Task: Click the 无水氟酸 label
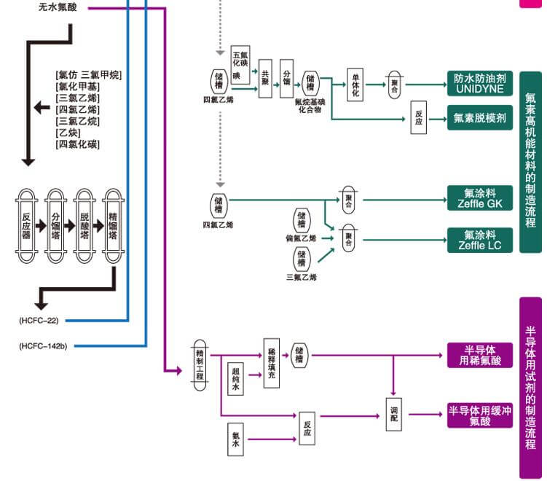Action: click(63, 8)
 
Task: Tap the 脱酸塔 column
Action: click(84, 221)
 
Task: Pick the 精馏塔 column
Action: click(114, 221)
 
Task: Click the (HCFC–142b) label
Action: click(43, 345)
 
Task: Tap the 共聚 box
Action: click(265, 79)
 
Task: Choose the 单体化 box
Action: click(355, 84)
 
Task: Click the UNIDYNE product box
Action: click(479, 83)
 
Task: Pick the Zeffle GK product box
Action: click(479, 198)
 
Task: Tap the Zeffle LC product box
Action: click(479, 240)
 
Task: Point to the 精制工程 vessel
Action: click(200, 359)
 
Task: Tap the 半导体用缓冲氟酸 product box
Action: click(479, 415)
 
